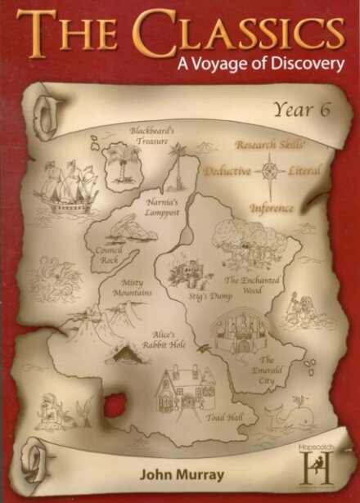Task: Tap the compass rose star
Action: pyautogui.click(x=268, y=171)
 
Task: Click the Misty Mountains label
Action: pyautogui.click(x=121, y=290)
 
